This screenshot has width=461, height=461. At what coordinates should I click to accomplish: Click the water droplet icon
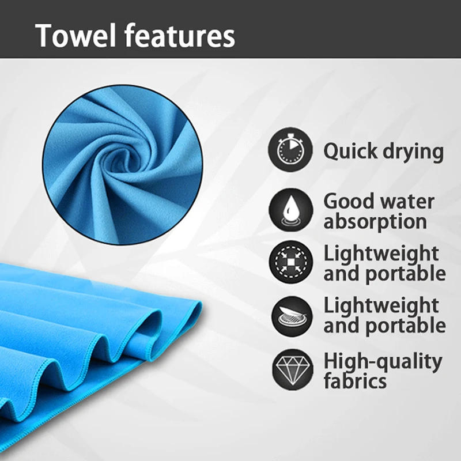tap(290, 210)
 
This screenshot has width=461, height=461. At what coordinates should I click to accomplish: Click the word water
tap(407, 202)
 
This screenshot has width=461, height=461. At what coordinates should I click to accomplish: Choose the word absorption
tap(375, 221)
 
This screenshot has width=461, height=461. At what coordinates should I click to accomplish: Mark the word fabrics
tap(354, 381)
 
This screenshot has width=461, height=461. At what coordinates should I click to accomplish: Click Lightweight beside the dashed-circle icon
tap(380, 253)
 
